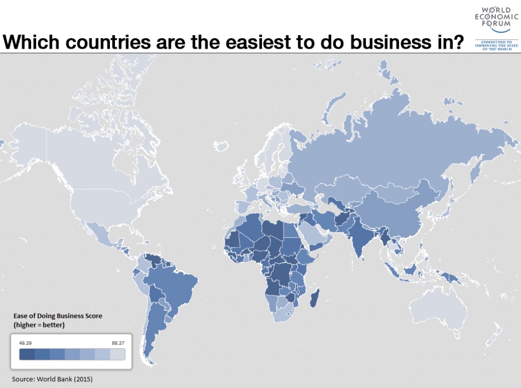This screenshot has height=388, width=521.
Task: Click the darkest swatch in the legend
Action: point(26,354)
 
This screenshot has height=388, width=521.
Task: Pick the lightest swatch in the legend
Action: point(118,354)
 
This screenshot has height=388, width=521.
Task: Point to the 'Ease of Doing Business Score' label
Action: point(57,316)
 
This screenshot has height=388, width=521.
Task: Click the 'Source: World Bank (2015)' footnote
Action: point(52,379)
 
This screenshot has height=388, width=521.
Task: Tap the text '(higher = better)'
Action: point(39,325)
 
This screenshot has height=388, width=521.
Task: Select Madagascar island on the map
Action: point(314,298)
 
